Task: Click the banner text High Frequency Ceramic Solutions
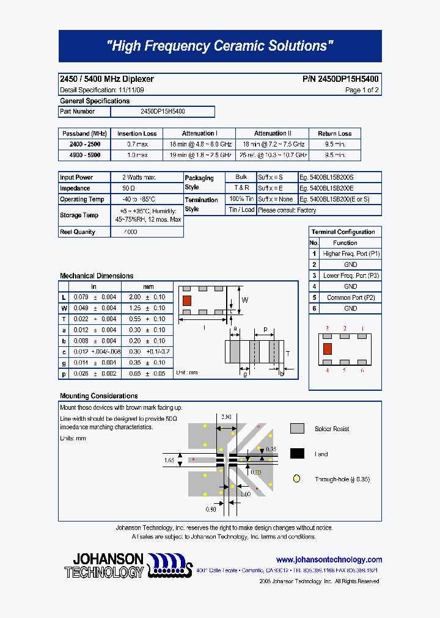pos(220,46)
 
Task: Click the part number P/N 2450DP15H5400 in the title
pos(340,79)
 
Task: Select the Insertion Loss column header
pos(137,134)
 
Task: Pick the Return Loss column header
pos(334,134)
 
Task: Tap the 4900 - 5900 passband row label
pos(84,156)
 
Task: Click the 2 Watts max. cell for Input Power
pos(139,178)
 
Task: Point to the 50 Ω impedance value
pos(128,189)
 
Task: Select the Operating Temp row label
pos(82,200)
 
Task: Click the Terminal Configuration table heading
pos(343,232)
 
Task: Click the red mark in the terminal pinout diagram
pos(327,349)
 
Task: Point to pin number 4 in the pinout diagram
pos(327,370)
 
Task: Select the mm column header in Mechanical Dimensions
pos(148,286)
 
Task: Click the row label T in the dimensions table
pos(64,319)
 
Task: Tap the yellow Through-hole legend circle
pos(297,479)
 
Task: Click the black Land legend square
pos(297,454)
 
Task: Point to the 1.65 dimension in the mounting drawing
pos(170,459)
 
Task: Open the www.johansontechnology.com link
pos(329,559)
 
